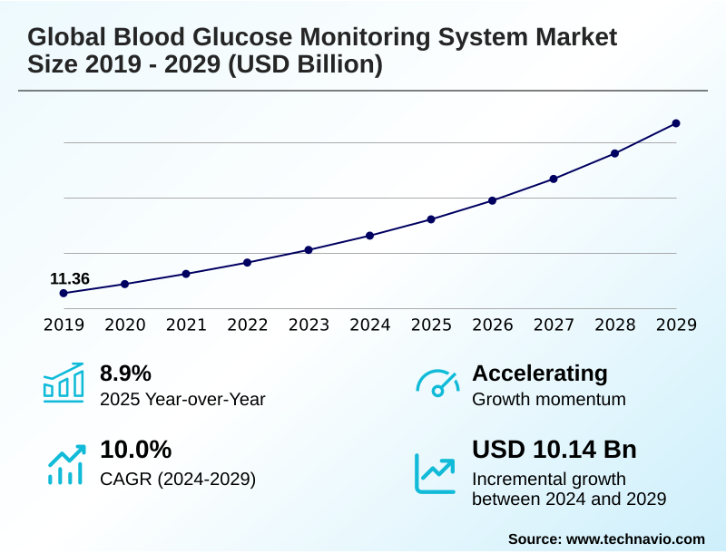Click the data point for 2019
pos(64,293)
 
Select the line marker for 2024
pos(369,236)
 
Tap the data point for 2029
pos(676,123)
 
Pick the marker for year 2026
pos(492,200)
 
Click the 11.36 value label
pos(70,278)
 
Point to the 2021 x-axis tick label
pos(186,325)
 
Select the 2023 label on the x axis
pos(309,325)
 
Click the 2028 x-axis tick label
pos(615,325)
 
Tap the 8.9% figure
pos(125,374)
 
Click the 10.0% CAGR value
pos(135,450)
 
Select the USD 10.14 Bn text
pos(554,450)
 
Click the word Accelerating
pos(540,374)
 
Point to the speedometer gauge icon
pos(437,383)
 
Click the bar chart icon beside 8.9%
pos(64,383)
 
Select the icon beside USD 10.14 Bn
pos(436,473)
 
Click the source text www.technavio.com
pos(635,538)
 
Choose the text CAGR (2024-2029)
pos(178,479)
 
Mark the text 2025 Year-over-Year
pos(182,399)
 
